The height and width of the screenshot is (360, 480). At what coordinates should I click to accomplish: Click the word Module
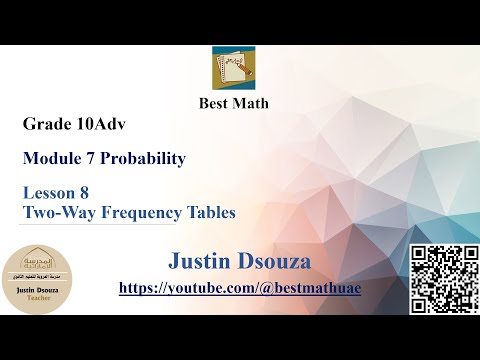(x=52, y=158)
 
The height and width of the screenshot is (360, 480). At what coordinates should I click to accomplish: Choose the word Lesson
(x=51, y=196)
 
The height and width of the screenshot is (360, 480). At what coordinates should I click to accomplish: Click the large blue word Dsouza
(x=276, y=261)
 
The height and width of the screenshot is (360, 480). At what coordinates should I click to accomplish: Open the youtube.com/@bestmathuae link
(x=239, y=287)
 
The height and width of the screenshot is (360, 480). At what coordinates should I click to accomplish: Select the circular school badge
(x=37, y=279)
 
